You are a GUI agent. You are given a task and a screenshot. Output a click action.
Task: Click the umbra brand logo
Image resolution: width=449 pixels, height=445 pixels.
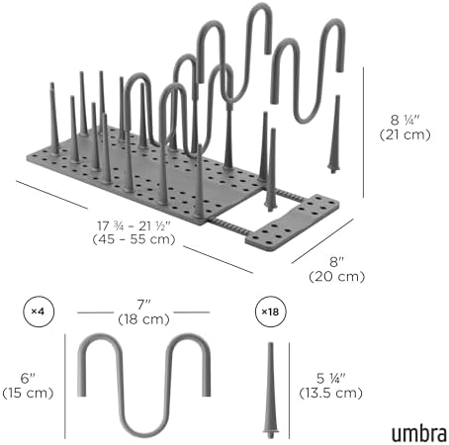pos(419,433)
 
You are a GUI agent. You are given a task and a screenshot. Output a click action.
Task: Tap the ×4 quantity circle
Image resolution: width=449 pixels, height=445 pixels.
pos(39,311)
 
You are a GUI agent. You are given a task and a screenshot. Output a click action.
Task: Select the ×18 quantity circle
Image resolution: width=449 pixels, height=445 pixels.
pos(271,311)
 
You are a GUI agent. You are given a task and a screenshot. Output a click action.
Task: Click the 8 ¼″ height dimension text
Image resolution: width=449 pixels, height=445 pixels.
pos(405,120)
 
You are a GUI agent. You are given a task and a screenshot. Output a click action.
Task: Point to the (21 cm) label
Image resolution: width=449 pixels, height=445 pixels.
pos(405,134)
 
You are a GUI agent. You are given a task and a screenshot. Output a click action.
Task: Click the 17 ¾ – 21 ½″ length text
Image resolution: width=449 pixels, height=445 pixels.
pos(134,226)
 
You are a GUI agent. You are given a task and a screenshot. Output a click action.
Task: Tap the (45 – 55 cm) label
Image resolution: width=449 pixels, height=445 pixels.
pos(134,239)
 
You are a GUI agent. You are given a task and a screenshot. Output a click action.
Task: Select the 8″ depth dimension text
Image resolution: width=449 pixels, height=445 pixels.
pos(337,262)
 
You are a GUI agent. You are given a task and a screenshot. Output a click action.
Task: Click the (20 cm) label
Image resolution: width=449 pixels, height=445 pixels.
pos(337,276)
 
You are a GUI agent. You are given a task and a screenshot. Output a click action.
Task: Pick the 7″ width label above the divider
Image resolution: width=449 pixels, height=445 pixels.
pos(143,305)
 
